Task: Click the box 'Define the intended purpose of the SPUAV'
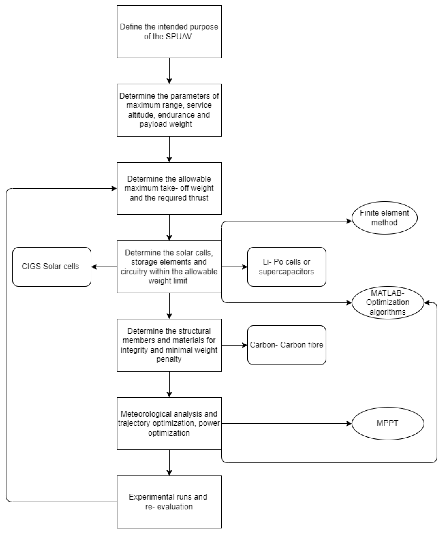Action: pos(169,32)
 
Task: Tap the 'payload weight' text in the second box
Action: pos(166,124)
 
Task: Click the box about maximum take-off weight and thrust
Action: pos(169,188)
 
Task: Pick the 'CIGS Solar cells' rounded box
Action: pos(52,267)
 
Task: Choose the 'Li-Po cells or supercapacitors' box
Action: pos(286,267)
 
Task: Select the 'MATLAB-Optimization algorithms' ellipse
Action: pos(388,302)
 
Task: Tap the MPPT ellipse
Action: pos(388,423)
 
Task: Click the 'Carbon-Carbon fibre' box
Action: pos(286,345)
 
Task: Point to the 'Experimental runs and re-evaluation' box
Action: pos(169,502)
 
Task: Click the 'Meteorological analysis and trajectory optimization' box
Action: pos(169,423)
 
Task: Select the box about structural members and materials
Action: pos(169,345)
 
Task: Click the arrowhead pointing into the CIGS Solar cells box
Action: pos(94,267)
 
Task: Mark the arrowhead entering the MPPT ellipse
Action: pos(349,423)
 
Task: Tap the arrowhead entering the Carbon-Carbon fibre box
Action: pos(245,345)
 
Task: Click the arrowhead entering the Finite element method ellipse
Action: pos(349,221)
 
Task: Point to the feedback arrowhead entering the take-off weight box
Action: pos(114,188)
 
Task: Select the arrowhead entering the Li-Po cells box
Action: pos(245,267)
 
